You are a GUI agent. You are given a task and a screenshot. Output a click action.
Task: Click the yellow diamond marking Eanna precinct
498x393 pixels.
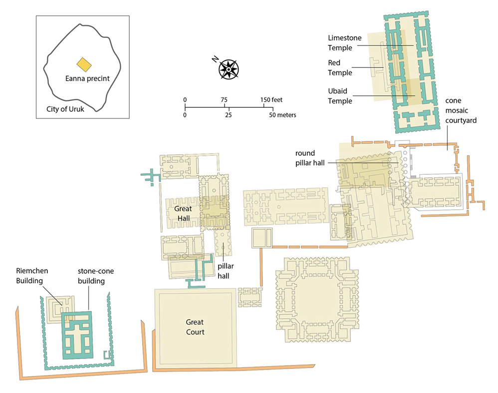[x=84, y=64]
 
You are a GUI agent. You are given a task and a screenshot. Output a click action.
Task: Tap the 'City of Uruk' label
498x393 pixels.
[x=65, y=109]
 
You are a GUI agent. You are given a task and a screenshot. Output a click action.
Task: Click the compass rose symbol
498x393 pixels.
[x=229, y=69]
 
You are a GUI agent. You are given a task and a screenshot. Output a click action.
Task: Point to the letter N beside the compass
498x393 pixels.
[x=215, y=59]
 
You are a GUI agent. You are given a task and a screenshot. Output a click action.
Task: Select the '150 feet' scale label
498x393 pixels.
[x=271, y=100]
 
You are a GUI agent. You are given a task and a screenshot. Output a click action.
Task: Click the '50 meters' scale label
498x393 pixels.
[x=282, y=115]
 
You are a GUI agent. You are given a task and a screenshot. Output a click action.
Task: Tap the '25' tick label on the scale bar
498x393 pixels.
[x=229, y=115]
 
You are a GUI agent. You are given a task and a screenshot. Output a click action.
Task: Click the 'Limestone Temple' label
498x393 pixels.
[x=345, y=43]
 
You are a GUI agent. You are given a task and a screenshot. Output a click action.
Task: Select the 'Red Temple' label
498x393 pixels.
[x=340, y=68]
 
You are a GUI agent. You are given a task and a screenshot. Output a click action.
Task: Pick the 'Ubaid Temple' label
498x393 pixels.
[x=340, y=96]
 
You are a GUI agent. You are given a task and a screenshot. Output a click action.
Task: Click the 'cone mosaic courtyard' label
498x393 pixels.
[x=461, y=110]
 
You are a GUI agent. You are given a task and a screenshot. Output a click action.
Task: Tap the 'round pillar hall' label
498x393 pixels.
[x=310, y=158]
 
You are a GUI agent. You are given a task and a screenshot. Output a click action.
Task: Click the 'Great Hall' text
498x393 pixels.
[x=183, y=214]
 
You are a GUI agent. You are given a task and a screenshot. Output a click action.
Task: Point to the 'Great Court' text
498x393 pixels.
[x=195, y=327]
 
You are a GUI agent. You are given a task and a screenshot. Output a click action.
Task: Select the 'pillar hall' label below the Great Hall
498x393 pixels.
[x=226, y=271]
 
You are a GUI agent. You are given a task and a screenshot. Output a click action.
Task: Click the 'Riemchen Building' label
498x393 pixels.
[x=32, y=276]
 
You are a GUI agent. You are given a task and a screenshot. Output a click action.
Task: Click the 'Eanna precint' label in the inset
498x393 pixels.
[x=87, y=78]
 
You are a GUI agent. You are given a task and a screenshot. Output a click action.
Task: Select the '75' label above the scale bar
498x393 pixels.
[x=224, y=100]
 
